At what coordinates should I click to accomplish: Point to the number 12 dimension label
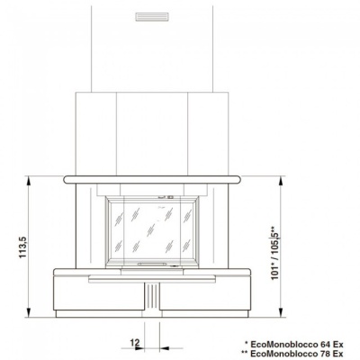[134, 341]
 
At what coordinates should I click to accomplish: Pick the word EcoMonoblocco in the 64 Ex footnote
[285, 344]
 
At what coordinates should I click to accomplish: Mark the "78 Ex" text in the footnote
[330, 354]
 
